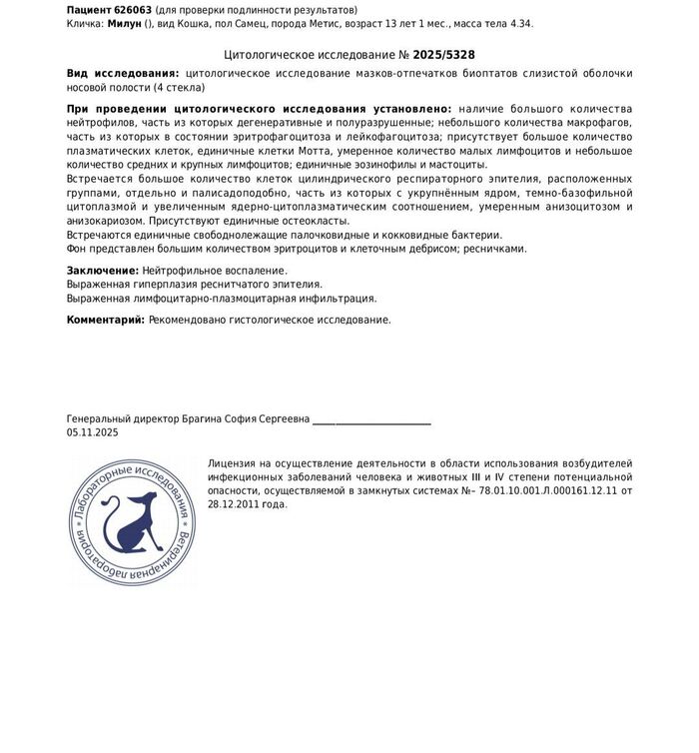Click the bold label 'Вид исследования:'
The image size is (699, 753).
pyautogui.click(x=123, y=74)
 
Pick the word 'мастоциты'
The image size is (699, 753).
pyautogui.click(x=460, y=164)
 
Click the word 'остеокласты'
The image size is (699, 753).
pyautogui.click(x=319, y=220)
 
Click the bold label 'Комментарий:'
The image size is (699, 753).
pyautogui.click(x=106, y=320)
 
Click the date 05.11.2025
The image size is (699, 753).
pyautogui.click(x=93, y=433)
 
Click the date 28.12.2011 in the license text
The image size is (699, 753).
pyautogui.click(x=232, y=504)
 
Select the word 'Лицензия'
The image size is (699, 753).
pyautogui.click(x=233, y=463)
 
